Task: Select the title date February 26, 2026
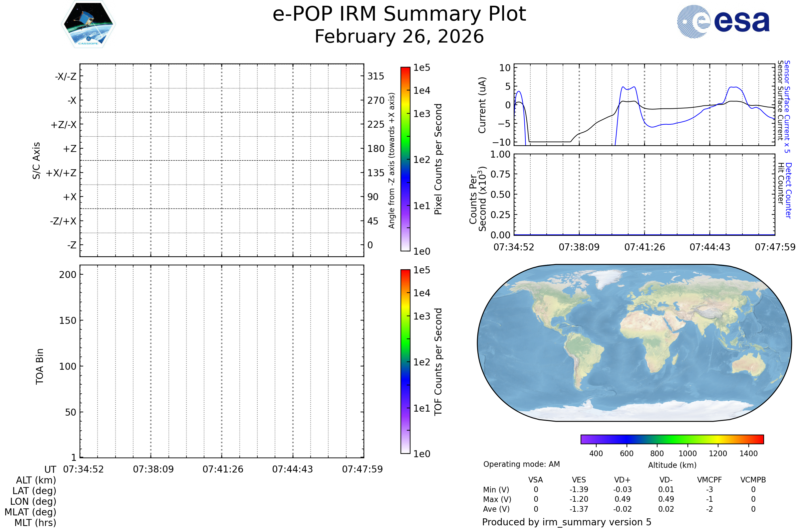click(399, 37)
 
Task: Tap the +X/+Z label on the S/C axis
click(61, 173)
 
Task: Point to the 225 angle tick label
click(376, 124)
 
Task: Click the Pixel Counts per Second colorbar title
click(438, 159)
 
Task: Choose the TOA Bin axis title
click(39, 366)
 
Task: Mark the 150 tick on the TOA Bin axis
click(68, 321)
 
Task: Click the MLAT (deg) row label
click(30, 512)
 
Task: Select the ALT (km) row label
click(36, 480)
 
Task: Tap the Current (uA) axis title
click(482, 105)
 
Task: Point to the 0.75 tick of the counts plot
click(500, 174)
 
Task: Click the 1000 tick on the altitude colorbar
click(687, 454)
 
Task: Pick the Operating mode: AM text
click(521, 464)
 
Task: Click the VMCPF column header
click(709, 480)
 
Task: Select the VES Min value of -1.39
click(579, 489)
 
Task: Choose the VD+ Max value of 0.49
click(622, 499)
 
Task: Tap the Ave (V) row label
click(496, 509)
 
